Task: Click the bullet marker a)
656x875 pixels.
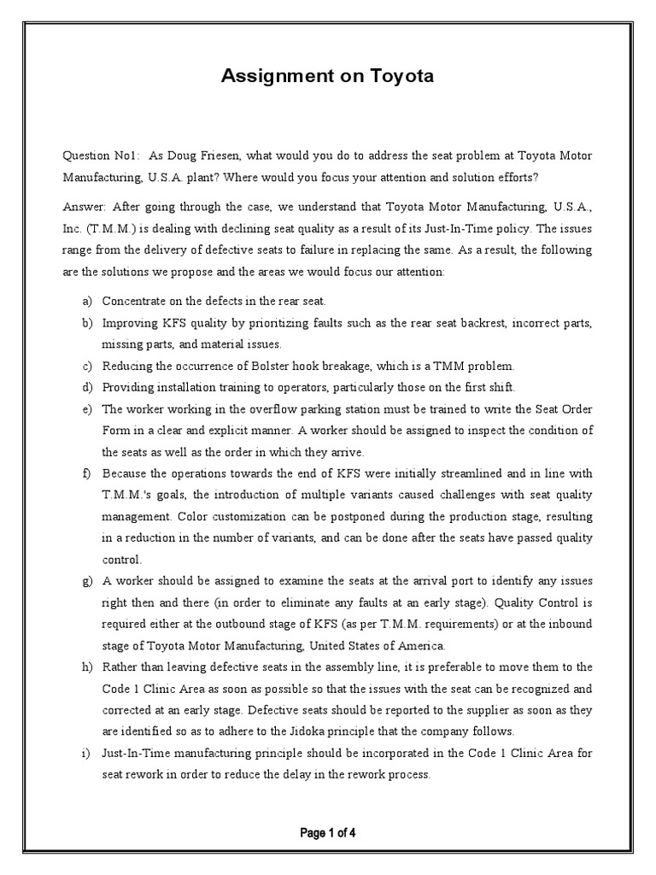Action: [x=86, y=302]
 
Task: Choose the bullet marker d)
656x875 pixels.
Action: [x=86, y=387]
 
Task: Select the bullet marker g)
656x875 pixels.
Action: [x=86, y=581]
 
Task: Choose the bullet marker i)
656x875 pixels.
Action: [x=86, y=753]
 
